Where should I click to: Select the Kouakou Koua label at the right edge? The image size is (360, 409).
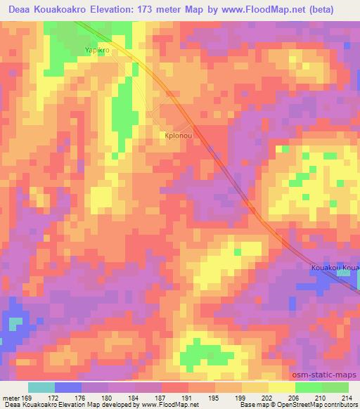(335, 268)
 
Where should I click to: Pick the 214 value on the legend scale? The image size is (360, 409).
(347, 398)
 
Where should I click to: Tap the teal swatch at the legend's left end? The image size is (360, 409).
(41, 387)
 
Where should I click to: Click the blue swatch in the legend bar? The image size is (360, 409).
(68, 387)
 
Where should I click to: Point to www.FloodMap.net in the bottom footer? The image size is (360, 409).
(170, 405)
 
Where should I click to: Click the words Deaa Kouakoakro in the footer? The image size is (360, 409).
(28, 405)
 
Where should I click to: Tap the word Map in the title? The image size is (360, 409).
(212, 9)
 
